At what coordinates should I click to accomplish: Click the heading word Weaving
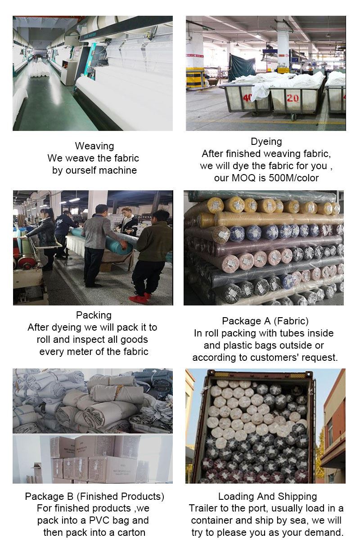(94, 146)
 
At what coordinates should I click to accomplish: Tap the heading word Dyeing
(266, 142)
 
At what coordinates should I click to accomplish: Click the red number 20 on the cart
(292, 98)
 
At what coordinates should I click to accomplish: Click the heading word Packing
(94, 315)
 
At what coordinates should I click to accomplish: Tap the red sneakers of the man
(139, 299)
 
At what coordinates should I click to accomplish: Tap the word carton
(131, 532)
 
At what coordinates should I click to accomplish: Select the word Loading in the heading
(236, 496)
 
